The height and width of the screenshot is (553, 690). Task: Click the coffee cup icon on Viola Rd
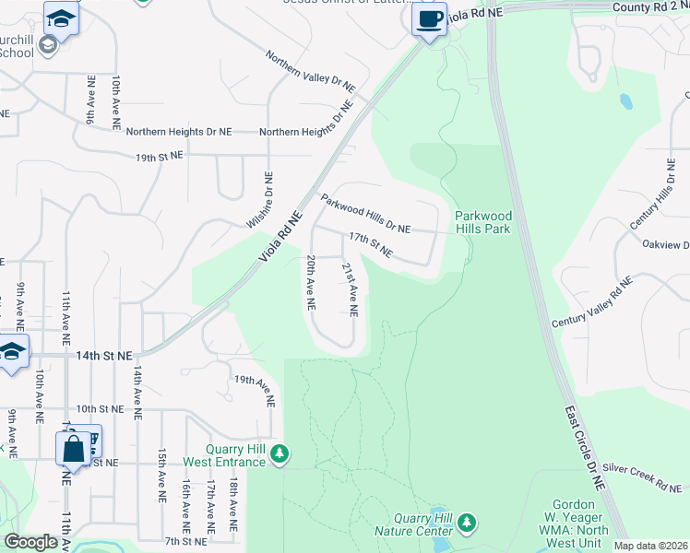[x=429, y=19]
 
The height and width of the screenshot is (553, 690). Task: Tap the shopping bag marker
[x=74, y=449]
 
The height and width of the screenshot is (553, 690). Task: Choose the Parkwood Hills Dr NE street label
[x=365, y=213]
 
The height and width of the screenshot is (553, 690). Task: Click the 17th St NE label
[x=370, y=245]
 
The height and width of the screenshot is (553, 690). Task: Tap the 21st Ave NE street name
[x=351, y=288]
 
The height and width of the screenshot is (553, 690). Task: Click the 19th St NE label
[x=160, y=158]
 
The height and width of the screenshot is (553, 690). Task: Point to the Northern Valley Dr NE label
[x=311, y=71]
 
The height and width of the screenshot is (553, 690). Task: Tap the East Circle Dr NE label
[x=585, y=434]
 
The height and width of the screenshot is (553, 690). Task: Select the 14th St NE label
[x=104, y=355]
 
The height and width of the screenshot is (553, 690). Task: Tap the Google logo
[x=30, y=542]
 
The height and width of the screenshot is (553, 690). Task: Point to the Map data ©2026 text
[x=650, y=546]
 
